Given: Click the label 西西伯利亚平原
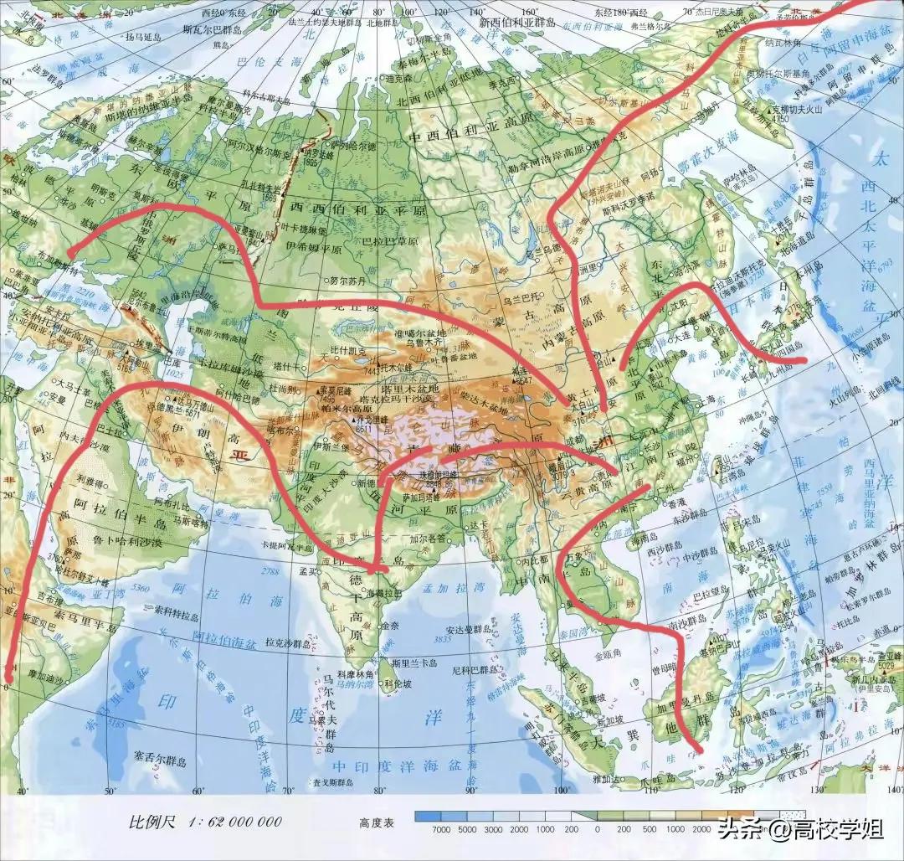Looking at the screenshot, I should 358,207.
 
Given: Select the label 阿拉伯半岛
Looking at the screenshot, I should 116,504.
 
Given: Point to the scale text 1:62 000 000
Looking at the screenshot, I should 205,822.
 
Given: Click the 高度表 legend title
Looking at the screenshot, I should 377,823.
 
